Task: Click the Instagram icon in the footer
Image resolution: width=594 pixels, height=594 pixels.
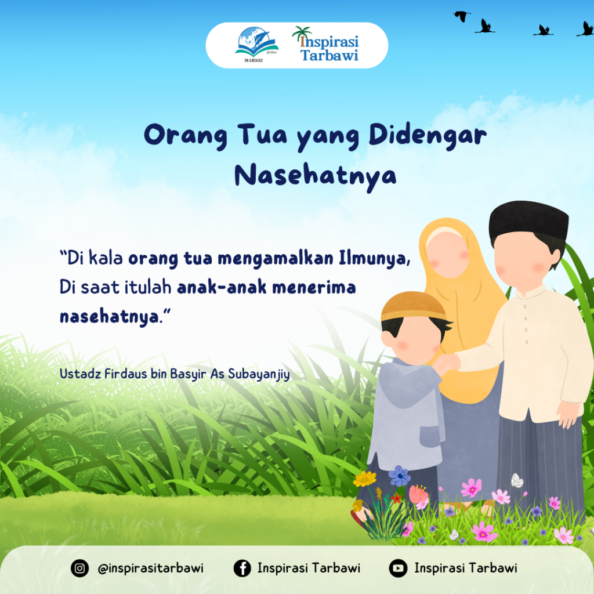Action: pos(79,568)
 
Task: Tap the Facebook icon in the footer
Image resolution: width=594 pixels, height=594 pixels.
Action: pos(242,568)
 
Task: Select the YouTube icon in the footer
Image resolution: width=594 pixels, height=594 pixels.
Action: pos(398,568)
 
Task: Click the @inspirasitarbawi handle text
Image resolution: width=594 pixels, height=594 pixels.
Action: pos(151,568)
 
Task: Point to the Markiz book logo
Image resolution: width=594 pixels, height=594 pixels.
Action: pos(256,44)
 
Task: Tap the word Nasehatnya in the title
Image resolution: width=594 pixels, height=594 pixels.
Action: pos(315,176)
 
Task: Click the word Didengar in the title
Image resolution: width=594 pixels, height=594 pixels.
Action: pos(428,136)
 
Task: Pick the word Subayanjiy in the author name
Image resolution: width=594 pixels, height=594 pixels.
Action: pos(259,374)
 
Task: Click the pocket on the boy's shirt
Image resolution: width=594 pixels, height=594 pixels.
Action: pos(432,436)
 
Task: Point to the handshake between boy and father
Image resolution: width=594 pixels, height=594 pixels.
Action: pos(447,363)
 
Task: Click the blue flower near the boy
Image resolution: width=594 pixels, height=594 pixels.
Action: pos(399,476)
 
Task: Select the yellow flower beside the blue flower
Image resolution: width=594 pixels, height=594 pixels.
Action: pos(365,479)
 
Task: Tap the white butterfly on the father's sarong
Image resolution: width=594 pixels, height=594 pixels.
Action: pos(517,480)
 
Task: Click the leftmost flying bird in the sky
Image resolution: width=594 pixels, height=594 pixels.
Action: pos(462,16)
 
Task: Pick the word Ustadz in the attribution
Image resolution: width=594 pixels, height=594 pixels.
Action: pos(80,374)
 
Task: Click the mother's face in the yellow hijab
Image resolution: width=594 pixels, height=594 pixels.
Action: pos(448,254)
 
